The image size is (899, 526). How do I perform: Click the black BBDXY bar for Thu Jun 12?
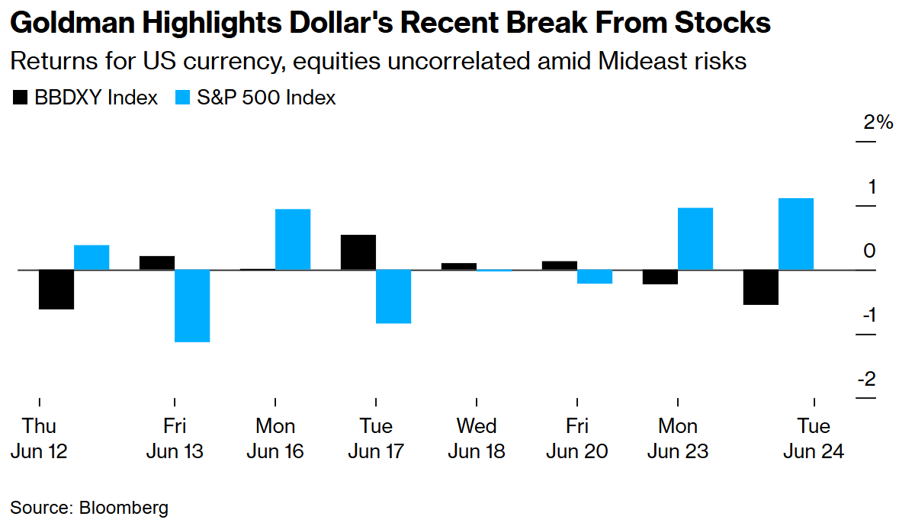(56, 290)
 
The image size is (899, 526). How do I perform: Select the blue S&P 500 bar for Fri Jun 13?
(192, 306)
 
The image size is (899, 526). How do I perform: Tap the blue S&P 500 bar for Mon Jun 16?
(293, 239)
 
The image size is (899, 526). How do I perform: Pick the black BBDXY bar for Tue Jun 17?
(358, 252)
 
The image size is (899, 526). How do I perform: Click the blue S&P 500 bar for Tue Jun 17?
(393, 297)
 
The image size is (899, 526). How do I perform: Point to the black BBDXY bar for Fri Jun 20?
(560, 265)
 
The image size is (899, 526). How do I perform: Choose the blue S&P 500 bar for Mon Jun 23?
(695, 239)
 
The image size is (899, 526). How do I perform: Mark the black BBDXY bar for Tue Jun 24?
(761, 287)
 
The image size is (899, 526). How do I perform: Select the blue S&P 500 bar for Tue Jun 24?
(796, 234)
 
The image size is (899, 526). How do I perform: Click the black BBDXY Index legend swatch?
(20, 98)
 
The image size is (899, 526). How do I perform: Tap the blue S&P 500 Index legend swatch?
(184, 98)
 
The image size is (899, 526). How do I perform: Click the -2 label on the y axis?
(866, 380)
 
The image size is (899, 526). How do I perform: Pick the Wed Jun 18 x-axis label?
(476, 438)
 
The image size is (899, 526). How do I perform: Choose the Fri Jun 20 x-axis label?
(577, 438)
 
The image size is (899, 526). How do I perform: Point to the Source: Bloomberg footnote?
(89, 508)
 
